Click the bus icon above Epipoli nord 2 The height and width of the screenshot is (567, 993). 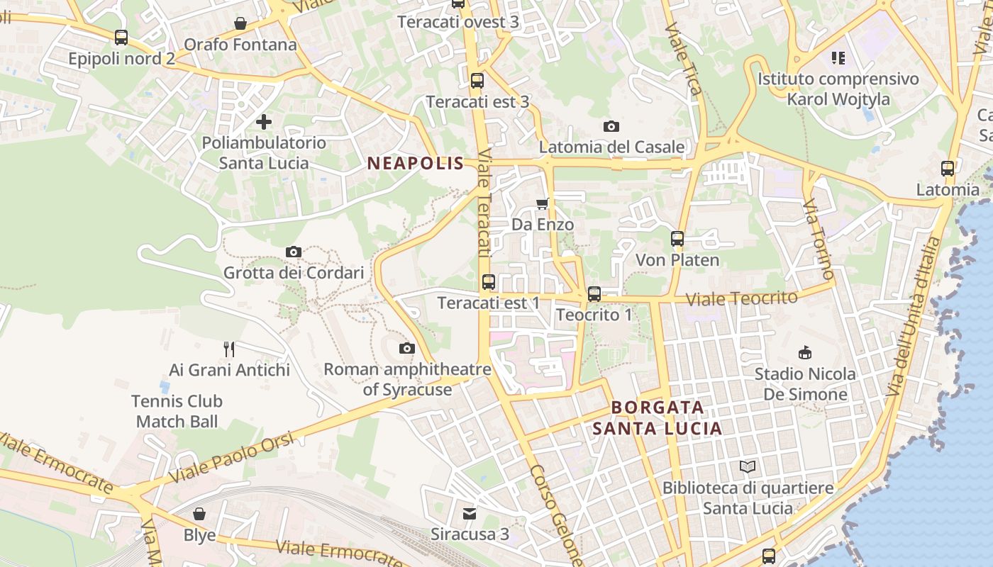[121, 37]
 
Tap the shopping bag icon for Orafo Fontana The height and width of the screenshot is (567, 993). [240, 23]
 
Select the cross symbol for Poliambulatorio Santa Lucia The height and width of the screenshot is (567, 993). [264, 122]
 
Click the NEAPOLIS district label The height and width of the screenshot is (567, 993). [415, 164]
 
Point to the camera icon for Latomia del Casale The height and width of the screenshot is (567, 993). [611, 126]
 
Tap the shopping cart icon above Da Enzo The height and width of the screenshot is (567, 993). [543, 204]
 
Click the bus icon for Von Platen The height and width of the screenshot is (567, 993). [677, 239]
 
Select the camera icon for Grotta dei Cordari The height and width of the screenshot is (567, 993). [294, 252]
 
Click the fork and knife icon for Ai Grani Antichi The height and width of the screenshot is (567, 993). [229, 349]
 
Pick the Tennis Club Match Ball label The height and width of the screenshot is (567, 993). [177, 411]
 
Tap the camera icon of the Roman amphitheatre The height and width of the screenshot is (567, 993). [407, 348]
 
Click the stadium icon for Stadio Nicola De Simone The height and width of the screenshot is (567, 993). [805, 352]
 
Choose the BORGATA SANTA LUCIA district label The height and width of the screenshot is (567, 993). [658, 417]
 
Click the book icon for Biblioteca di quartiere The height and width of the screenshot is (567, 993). [748, 466]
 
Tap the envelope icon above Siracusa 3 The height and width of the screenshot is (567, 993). [470, 512]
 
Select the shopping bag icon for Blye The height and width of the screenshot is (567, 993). [200, 513]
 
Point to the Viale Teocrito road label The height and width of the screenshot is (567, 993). [742, 298]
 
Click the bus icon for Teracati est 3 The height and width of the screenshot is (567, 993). [477, 81]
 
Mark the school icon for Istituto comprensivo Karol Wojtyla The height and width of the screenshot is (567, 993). [838, 57]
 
